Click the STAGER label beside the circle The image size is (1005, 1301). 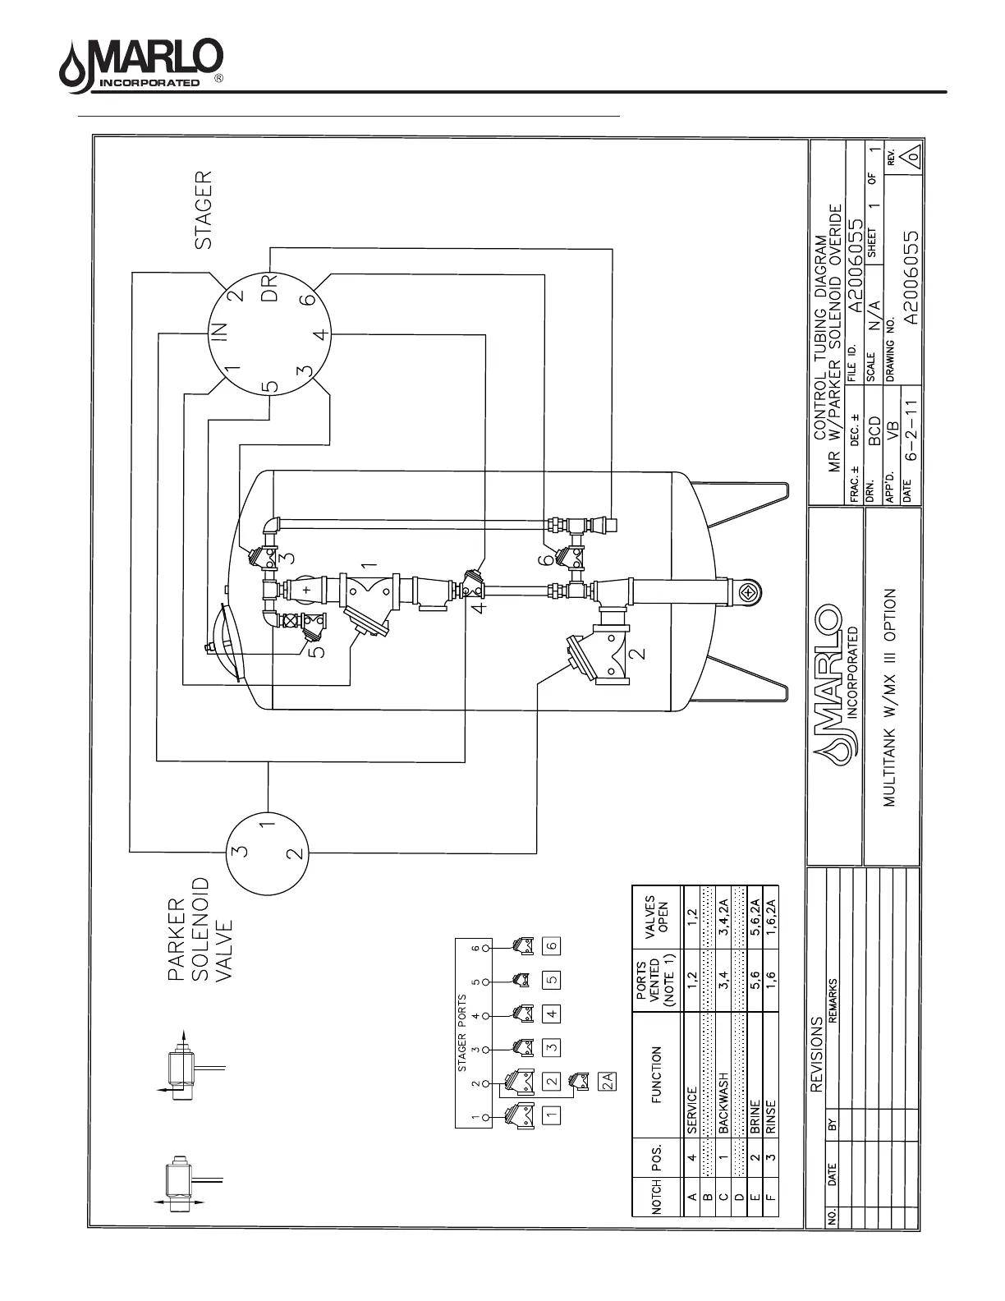[204, 209]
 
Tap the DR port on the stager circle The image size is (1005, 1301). [271, 287]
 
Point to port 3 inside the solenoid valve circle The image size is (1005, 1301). [238, 851]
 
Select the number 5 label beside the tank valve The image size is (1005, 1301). [319, 650]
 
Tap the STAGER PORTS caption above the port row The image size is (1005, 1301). [462, 1033]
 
